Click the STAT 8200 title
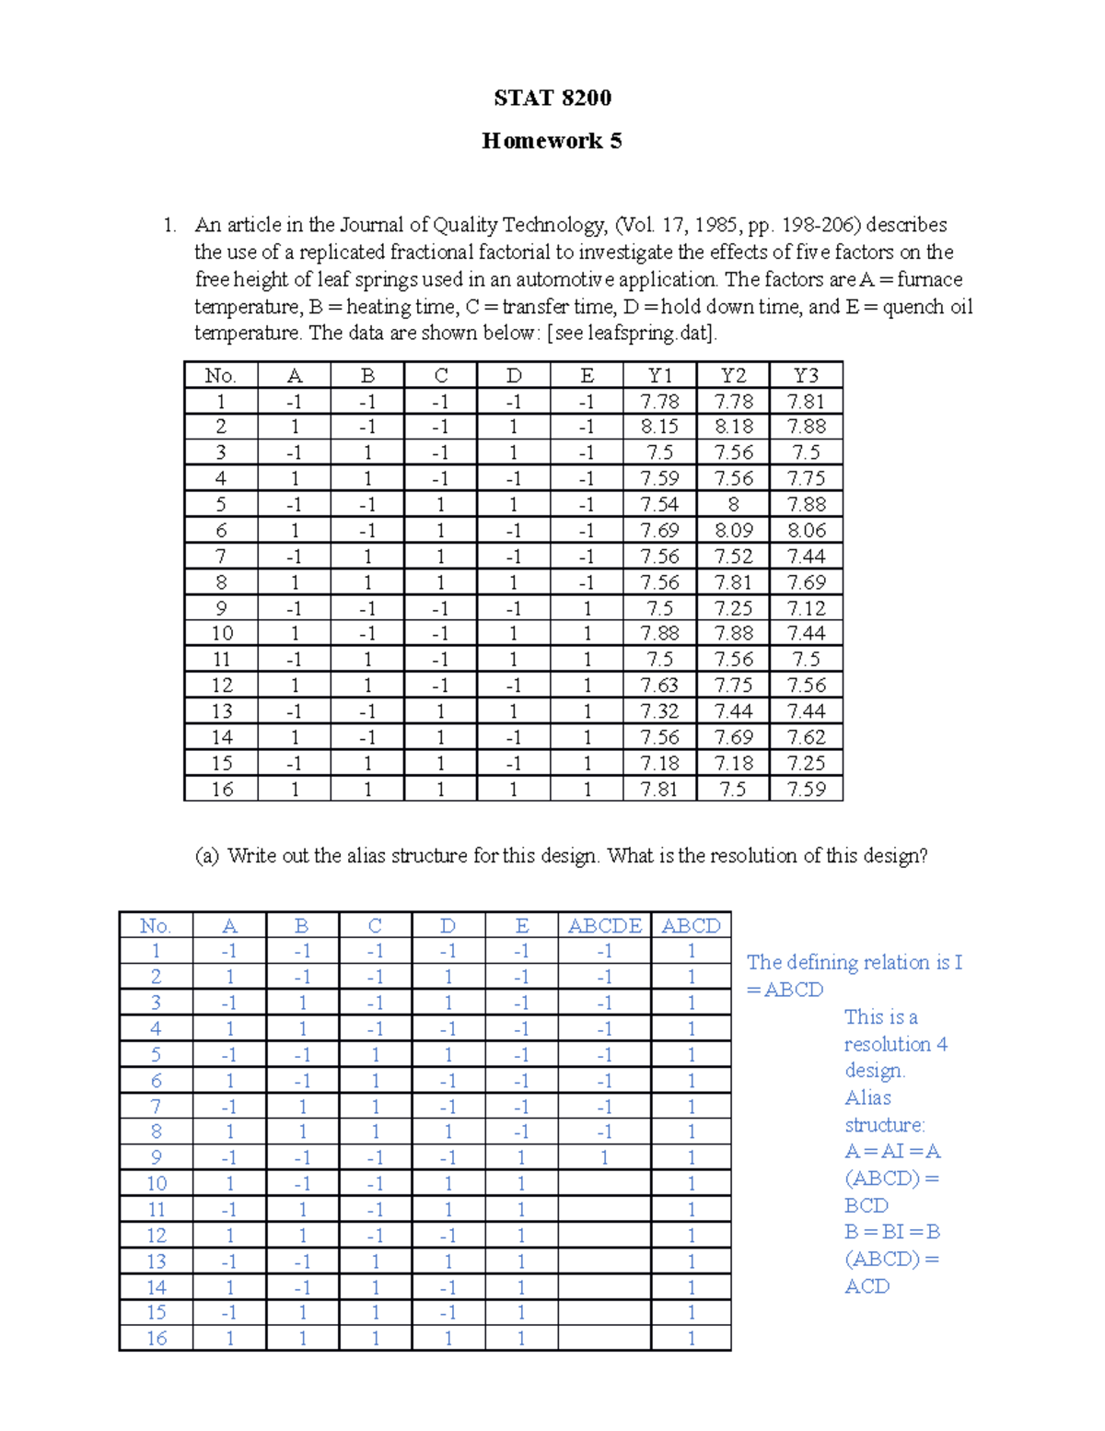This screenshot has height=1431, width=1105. click(552, 98)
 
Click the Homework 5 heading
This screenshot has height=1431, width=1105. click(552, 141)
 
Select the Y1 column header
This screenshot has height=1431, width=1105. click(659, 375)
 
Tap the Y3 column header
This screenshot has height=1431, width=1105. click(806, 375)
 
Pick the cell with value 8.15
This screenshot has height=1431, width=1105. click(659, 427)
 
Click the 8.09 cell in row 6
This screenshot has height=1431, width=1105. click(733, 530)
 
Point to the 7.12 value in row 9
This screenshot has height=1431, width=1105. click(806, 608)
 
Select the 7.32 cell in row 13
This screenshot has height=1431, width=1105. click(659, 711)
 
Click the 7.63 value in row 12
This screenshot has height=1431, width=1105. click(659, 686)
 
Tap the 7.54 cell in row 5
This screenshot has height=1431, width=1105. click(659, 504)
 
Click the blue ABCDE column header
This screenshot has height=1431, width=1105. click(604, 926)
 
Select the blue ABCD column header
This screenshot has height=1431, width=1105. click(691, 926)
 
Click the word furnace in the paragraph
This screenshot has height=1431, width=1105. click(930, 279)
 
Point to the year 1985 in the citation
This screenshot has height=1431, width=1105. click(715, 225)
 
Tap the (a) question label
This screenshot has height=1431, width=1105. click(207, 856)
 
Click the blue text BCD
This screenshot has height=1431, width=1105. click(867, 1205)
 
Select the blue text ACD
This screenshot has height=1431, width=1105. click(867, 1286)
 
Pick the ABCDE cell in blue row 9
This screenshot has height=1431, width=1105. click(604, 1158)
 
